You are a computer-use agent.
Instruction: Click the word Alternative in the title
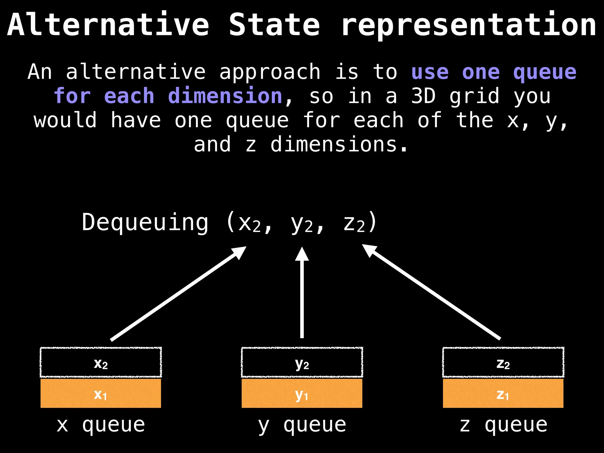tap(108, 25)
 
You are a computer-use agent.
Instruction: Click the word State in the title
tap(274, 25)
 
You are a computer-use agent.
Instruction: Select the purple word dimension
tap(225, 96)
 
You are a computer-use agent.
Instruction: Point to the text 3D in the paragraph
tap(423, 96)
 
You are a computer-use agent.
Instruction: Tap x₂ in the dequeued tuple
tap(250, 224)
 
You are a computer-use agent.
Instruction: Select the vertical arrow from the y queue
tap(302, 295)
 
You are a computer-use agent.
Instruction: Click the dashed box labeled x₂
tap(101, 362)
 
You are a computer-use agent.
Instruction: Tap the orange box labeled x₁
tap(101, 393)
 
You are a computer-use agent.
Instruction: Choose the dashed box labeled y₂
tap(302, 362)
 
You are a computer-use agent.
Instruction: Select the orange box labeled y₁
tap(302, 393)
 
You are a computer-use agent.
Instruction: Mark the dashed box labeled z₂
tap(503, 362)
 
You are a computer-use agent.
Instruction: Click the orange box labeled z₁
tap(503, 393)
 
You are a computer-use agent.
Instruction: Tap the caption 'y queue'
tap(302, 425)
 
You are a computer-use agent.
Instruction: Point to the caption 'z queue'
tap(503, 425)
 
